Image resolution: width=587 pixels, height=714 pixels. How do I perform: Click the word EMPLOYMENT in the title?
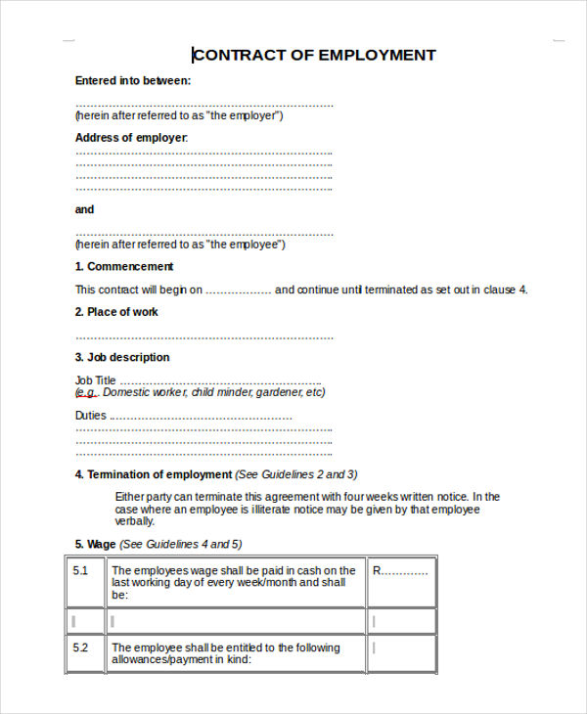pyautogui.click(x=376, y=55)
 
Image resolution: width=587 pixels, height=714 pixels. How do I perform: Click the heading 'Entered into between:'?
pyautogui.click(x=133, y=81)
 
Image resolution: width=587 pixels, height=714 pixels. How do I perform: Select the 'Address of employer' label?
pyautogui.click(x=131, y=138)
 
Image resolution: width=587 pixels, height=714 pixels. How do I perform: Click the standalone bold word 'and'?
pyautogui.click(x=85, y=209)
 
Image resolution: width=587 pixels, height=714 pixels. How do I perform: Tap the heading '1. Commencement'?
pyautogui.click(x=124, y=266)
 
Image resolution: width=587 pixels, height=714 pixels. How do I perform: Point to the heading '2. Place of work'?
pyautogui.click(x=116, y=312)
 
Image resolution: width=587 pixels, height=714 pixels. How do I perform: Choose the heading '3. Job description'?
pyautogui.click(x=122, y=357)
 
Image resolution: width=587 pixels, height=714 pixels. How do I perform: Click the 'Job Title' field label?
pyautogui.click(x=96, y=380)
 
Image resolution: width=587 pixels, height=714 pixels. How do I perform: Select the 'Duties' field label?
pyautogui.click(x=91, y=416)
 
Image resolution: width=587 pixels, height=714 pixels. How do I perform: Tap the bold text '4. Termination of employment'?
pyautogui.click(x=154, y=474)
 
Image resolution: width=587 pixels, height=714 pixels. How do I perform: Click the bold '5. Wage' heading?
pyautogui.click(x=96, y=544)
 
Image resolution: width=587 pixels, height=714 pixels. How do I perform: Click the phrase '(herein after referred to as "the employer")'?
pyautogui.click(x=180, y=115)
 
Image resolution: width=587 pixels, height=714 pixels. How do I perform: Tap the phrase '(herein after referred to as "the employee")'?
pyautogui.click(x=180, y=244)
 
